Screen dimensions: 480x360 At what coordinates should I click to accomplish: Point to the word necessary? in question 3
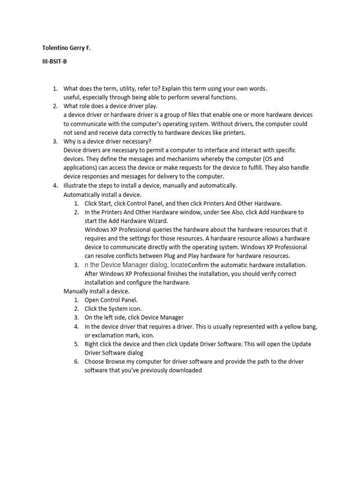[x=136, y=142]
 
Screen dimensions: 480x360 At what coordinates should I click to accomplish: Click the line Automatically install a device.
[x=102, y=195]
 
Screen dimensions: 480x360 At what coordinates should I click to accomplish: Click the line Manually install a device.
[x=96, y=291]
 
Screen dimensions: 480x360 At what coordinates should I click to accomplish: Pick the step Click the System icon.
[x=113, y=309]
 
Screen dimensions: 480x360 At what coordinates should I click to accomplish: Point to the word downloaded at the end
[x=185, y=370]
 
